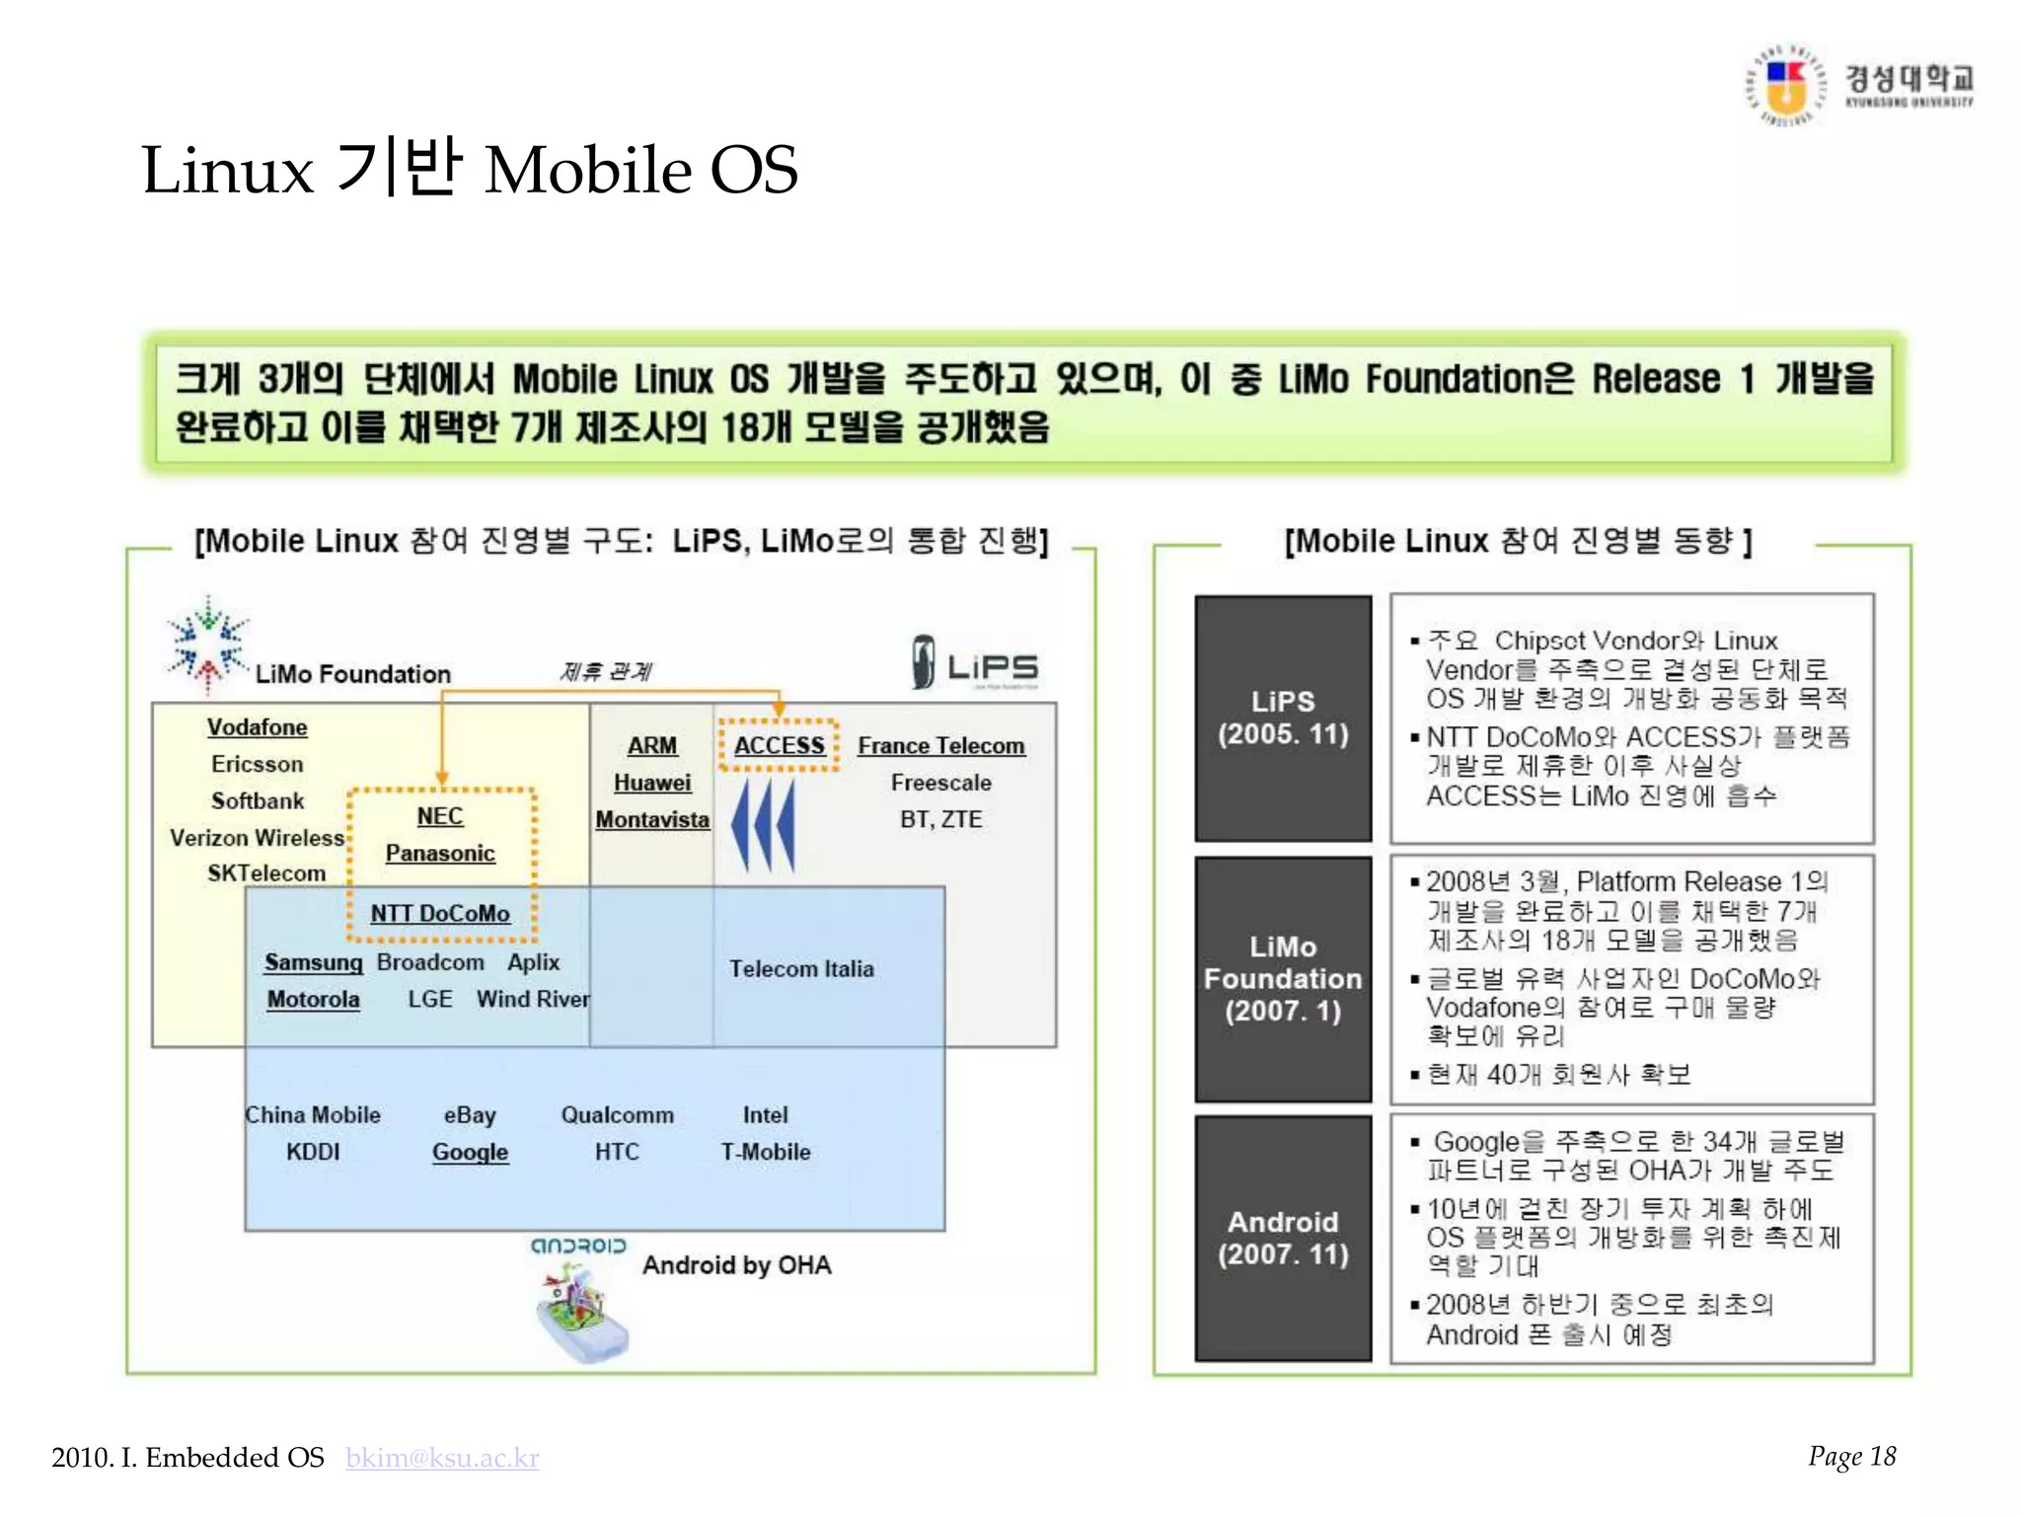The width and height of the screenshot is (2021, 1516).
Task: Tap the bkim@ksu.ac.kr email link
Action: (x=442, y=1458)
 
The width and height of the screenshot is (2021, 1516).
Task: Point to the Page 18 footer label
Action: (x=1851, y=1457)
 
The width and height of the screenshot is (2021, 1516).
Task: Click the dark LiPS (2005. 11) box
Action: (x=1283, y=718)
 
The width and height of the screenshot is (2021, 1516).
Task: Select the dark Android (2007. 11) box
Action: (x=1283, y=1239)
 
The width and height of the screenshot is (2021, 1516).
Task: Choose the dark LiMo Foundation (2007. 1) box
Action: (x=1283, y=978)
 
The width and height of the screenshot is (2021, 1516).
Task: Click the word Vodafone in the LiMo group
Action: (x=258, y=727)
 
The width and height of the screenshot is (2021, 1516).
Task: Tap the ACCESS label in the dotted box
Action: (x=779, y=745)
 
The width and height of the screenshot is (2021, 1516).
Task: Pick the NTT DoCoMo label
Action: (x=440, y=914)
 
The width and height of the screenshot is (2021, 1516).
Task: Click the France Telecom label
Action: (x=940, y=746)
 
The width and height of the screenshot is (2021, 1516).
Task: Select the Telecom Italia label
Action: (x=801, y=969)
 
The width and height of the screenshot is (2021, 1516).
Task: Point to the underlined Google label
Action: (x=470, y=1152)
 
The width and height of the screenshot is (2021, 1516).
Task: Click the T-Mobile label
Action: (x=766, y=1152)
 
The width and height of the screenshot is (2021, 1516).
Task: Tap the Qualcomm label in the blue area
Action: (x=618, y=1115)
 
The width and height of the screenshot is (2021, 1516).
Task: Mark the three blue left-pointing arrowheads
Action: (x=763, y=825)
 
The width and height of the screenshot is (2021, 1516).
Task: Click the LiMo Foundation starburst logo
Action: (x=206, y=644)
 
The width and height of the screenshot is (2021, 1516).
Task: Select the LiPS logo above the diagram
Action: (x=975, y=663)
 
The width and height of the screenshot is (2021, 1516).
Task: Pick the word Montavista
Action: (x=652, y=820)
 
